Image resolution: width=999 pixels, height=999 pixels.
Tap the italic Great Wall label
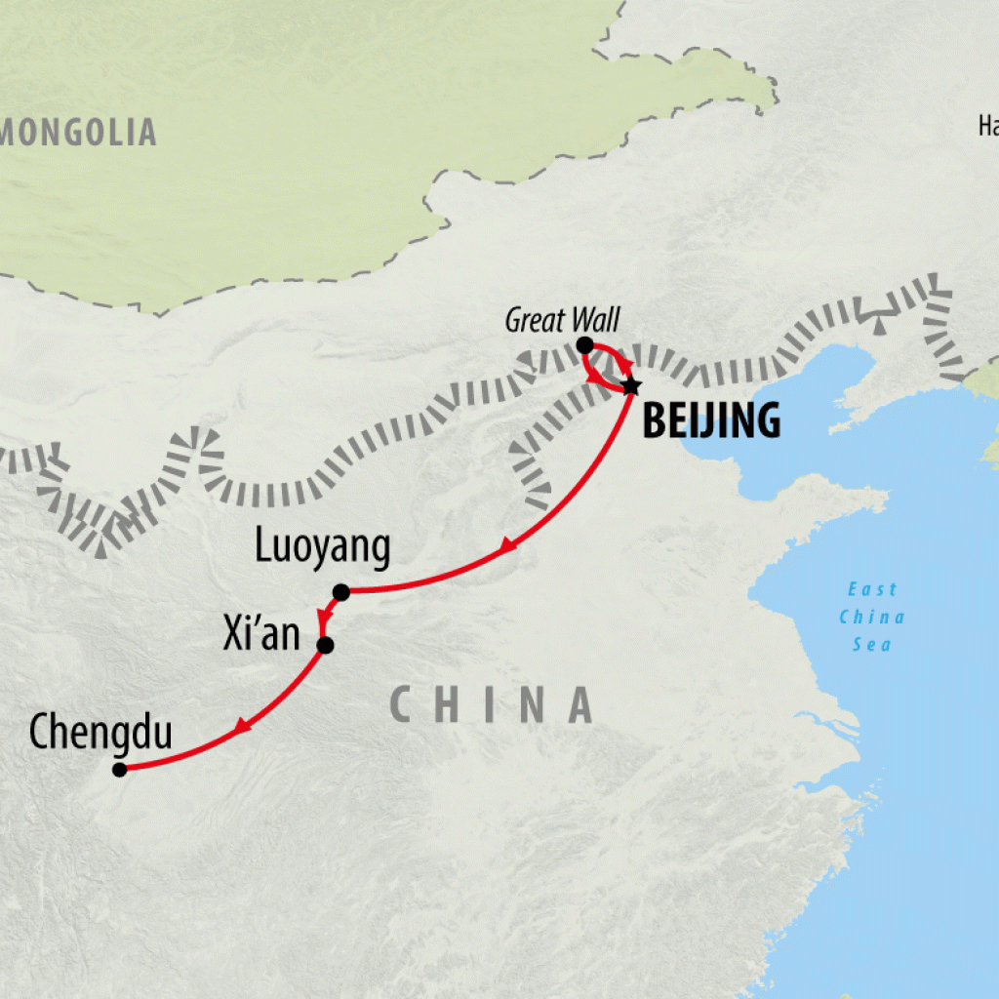[x=562, y=319]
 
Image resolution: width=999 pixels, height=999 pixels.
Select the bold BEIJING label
[x=711, y=420]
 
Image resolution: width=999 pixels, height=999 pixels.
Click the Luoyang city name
[x=322, y=549]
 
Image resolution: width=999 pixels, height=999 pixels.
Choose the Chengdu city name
[x=100, y=733]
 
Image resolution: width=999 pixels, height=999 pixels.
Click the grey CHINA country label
[x=491, y=704]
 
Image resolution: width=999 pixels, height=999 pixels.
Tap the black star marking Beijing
[x=630, y=386]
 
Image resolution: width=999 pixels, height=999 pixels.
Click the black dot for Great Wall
[x=584, y=344]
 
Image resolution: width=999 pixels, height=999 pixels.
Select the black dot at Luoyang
[x=340, y=591]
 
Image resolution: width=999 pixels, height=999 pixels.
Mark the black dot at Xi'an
[x=325, y=645]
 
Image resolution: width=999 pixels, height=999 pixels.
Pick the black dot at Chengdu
[x=119, y=769]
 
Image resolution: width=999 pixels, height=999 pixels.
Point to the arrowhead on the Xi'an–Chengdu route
[x=242, y=726]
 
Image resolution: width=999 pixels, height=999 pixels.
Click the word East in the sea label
[x=871, y=590]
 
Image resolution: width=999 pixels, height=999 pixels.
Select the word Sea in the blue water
[x=871, y=645]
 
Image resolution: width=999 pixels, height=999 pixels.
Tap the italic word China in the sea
[x=871, y=618]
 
